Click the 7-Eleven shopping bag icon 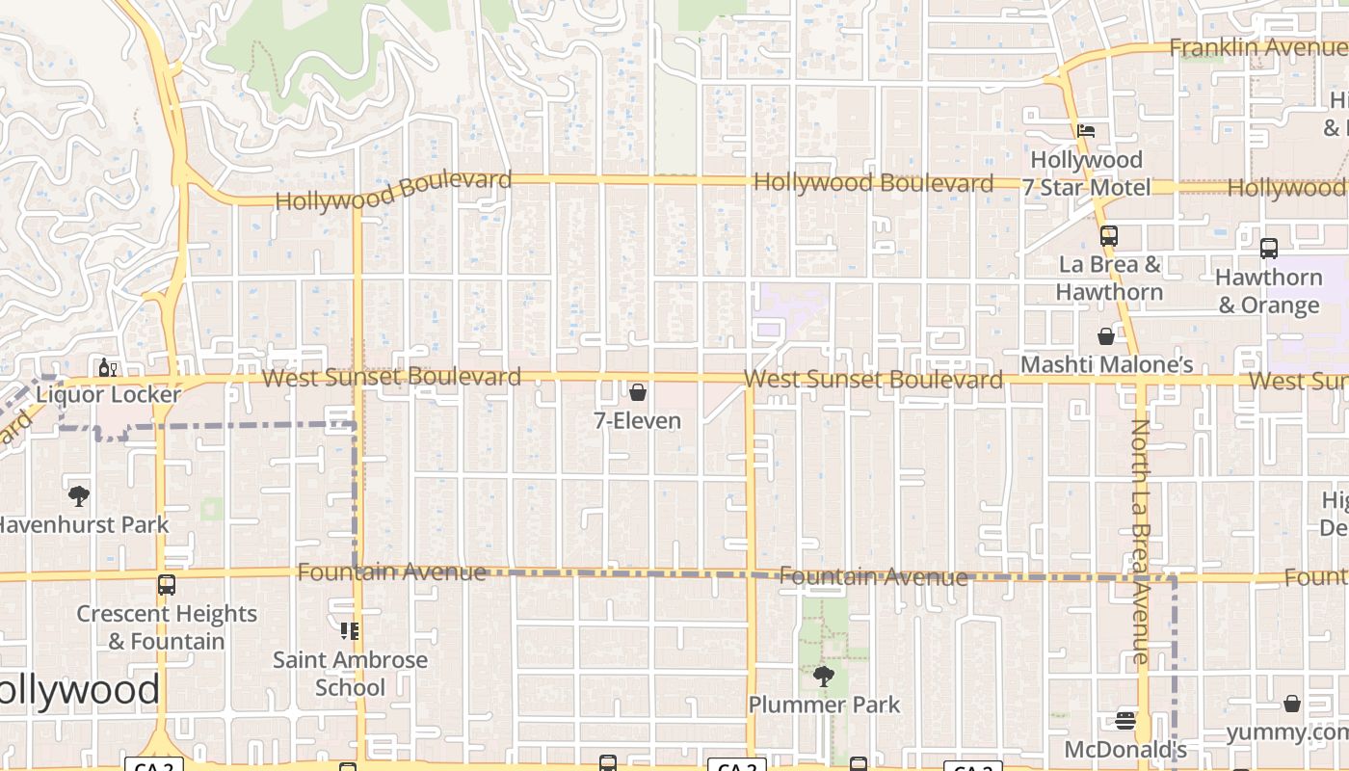click(x=637, y=392)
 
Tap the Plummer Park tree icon click(x=823, y=676)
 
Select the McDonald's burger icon click(x=1124, y=721)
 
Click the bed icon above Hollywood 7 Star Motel click(x=1086, y=131)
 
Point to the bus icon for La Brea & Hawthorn click(x=1108, y=235)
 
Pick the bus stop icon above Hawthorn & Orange click(x=1268, y=249)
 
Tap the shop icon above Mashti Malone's click(x=1106, y=336)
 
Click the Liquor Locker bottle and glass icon click(x=107, y=367)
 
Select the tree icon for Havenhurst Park click(x=79, y=496)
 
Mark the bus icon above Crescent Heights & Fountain click(x=167, y=585)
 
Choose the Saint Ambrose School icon click(x=350, y=631)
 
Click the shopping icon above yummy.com click(x=1292, y=705)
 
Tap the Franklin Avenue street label click(x=1256, y=47)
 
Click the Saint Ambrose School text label click(x=350, y=674)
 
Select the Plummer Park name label click(x=824, y=705)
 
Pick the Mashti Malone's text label click(x=1106, y=364)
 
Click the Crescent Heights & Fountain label click(x=167, y=627)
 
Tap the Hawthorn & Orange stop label click(x=1268, y=291)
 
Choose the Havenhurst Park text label click(x=83, y=525)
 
